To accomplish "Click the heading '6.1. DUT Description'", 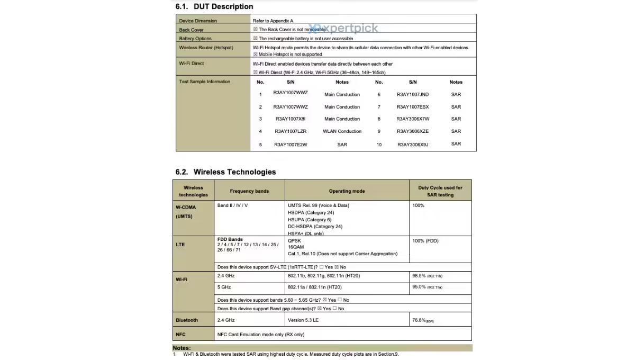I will pyautogui.click(x=214, y=7).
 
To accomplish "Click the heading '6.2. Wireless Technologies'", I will pyautogui.click(x=225, y=172).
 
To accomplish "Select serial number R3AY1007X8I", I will pyautogui.click(x=290, y=119).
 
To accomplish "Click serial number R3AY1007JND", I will pyautogui.click(x=413, y=95).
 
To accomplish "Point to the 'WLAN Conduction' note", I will pyautogui.click(x=342, y=131).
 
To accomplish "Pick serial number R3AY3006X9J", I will pyautogui.click(x=413, y=144).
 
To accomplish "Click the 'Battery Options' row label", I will pyautogui.click(x=195, y=39).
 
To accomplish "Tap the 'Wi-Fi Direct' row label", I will pyautogui.click(x=192, y=64).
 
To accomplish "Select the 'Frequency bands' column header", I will pyautogui.click(x=249, y=191).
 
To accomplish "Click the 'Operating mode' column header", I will pyautogui.click(x=347, y=191).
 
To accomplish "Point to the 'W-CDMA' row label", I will pyautogui.click(x=186, y=208).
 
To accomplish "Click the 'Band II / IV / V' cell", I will pyautogui.click(x=232, y=205).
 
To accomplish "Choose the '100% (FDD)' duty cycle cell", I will pyautogui.click(x=425, y=241).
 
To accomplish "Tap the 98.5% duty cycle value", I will pyautogui.click(x=419, y=276).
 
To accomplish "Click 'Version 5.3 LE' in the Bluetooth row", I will pyautogui.click(x=303, y=320).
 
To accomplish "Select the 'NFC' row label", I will pyautogui.click(x=180, y=335).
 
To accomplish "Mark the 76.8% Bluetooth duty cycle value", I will pyautogui.click(x=419, y=320).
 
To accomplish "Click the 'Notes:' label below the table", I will pyautogui.click(x=182, y=348).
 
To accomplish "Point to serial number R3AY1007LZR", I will pyautogui.click(x=291, y=131).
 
